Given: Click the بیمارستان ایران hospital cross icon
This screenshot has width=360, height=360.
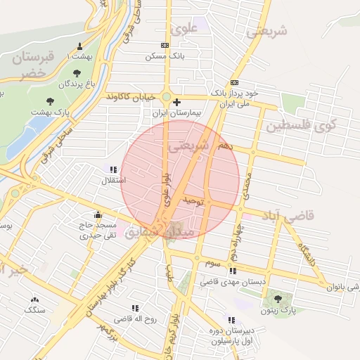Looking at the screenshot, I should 176,102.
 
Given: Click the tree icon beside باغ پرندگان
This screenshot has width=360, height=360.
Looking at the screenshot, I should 76,72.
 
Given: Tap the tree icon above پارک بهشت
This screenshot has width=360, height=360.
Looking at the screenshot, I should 50,102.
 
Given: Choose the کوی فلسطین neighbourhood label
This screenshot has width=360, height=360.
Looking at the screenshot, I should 311,127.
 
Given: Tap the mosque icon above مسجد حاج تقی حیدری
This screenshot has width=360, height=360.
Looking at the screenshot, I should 98,215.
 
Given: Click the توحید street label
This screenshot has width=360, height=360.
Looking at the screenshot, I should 194,202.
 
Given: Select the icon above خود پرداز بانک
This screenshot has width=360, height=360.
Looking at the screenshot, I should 234,83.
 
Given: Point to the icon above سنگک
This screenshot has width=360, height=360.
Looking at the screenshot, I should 34,300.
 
